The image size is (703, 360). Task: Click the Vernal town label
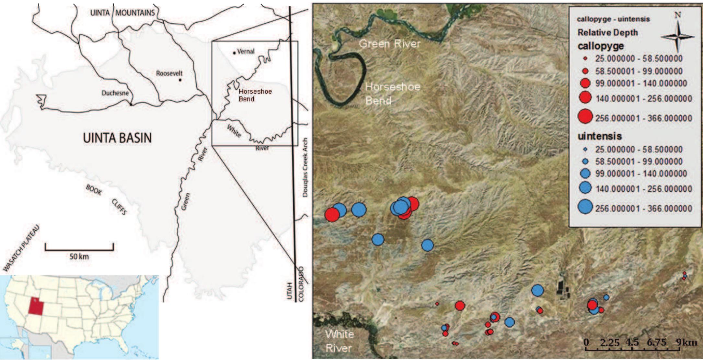tap(246, 51)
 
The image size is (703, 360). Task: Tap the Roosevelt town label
tap(169, 73)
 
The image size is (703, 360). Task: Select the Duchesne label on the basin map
tap(115, 93)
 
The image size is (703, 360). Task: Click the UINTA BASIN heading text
tap(117, 138)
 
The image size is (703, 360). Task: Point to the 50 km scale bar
tap(79, 249)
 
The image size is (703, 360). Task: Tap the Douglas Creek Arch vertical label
tap(305, 167)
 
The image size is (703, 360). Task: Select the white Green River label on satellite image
tap(389, 44)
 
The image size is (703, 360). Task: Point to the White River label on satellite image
tap(339, 341)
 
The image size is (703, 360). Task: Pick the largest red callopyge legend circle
tap(585, 117)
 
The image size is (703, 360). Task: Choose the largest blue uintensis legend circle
tap(585, 207)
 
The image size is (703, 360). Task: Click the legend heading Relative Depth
tap(607, 33)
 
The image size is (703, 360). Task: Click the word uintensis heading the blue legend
tap(600, 136)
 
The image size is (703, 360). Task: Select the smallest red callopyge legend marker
tap(585, 59)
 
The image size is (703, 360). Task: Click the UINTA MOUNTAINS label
tap(122, 13)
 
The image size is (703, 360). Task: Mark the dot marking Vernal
tap(234, 53)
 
